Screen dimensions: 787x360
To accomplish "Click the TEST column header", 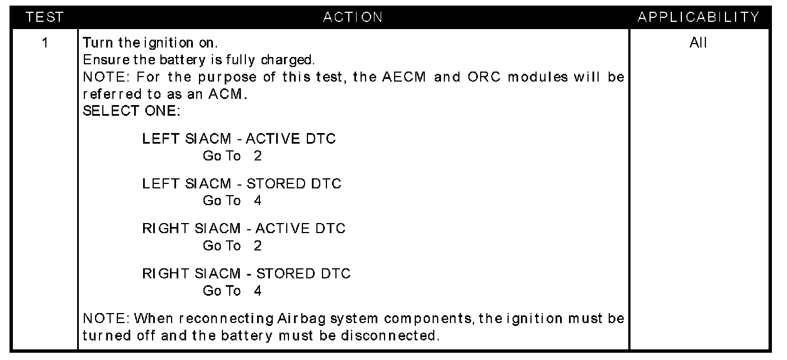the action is pyautogui.click(x=44, y=17).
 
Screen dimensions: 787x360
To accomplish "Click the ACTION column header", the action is pyautogui.click(x=353, y=17).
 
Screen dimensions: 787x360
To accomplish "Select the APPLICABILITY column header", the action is pyautogui.click(x=699, y=17).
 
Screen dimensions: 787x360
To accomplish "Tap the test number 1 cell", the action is pyautogui.click(x=45, y=43).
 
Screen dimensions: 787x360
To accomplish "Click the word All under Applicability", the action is pyautogui.click(x=698, y=43).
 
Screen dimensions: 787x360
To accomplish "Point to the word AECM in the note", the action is pyautogui.click(x=404, y=77).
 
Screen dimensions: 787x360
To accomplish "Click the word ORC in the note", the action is pyautogui.click(x=484, y=77).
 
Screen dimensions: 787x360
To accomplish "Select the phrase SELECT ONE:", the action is pyautogui.click(x=131, y=111).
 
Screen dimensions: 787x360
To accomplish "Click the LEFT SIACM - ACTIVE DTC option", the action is pyautogui.click(x=239, y=139).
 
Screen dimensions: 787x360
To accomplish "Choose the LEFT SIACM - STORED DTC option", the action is pyautogui.click(x=241, y=184).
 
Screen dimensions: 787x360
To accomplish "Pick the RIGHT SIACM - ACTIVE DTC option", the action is pyautogui.click(x=244, y=228).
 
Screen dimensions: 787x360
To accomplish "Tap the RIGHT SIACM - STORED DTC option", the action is pyautogui.click(x=246, y=273).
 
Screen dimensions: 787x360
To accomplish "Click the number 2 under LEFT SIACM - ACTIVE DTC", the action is pyautogui.click(x=258, y=155).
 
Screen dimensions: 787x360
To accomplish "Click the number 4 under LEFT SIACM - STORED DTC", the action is pyautogui.click(x=258, y=201).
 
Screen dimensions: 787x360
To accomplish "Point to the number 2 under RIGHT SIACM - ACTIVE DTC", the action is pyautogui.click(x=258, y=245).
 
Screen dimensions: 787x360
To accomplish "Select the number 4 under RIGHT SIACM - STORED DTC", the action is pyautogui.click(x=258, y=291).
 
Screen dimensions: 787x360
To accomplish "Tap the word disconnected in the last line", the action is pyautogui.click(x=390, y=335).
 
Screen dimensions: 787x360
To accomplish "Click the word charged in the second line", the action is pyautogui.click(x=288, y=60).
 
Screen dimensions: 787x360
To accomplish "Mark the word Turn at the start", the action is pyautogui.click(x=98, y=43).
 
